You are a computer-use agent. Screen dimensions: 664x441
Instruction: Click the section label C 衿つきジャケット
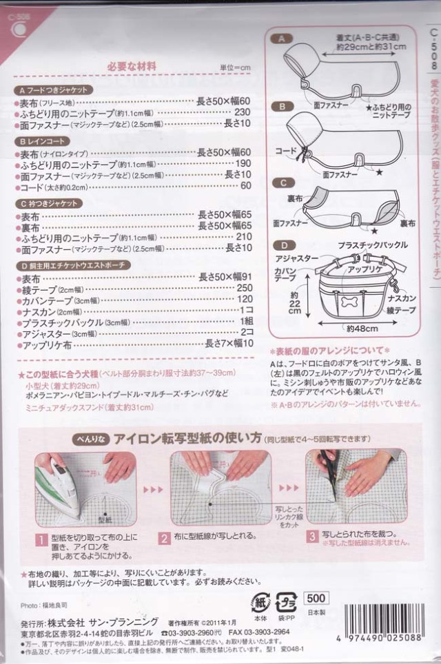click(52, 204)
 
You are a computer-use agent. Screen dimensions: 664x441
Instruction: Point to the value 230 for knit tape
click(243, 113)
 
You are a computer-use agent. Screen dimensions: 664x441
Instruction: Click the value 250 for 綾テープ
click(244, 288)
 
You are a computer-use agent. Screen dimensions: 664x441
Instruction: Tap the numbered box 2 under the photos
click(165, 539)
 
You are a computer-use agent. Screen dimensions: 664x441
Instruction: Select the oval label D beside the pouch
click(281, 245)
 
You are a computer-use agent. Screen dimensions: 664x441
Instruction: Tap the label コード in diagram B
click(287, 150)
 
